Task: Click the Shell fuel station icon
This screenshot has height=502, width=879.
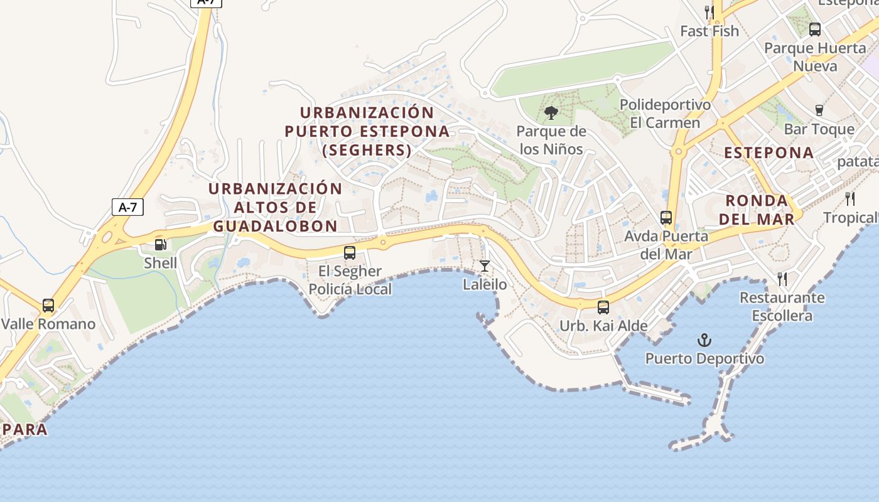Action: (x=161, y=245)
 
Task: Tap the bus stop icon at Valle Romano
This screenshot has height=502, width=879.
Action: (x=48, y=306)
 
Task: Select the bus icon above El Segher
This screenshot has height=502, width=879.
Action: (x=350, y=253)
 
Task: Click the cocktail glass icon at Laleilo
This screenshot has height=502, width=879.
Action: (x=484, y=266)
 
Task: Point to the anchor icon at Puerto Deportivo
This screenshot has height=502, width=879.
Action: (x=704, y=341)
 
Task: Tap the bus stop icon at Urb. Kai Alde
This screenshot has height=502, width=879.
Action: (x=603, y=307)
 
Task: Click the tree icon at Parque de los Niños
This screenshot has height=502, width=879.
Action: (x=551, y=113)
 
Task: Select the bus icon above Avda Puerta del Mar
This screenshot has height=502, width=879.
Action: (x=666, y=218)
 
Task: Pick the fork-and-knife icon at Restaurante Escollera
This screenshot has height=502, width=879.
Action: (x=782, y=279)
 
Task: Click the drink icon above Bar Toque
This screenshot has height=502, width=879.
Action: (x=819, y=110)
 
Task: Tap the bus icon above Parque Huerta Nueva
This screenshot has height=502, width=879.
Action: (x=815, y=29)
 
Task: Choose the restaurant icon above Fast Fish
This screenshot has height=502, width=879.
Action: (x=709, y=12)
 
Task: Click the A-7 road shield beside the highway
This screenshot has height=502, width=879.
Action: (x=127, y=207)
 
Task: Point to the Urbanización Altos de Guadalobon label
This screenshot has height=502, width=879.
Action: (x=275, y=207)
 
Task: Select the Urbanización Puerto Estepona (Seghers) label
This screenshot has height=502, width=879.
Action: (x=367, y=131)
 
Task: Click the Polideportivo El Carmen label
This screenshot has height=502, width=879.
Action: (x=665, y=114)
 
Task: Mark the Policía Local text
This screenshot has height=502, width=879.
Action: (x=350, y=289)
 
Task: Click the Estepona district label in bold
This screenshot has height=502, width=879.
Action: (x=768, y=152)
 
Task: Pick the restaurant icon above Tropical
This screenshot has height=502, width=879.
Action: (x=850, y=199)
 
